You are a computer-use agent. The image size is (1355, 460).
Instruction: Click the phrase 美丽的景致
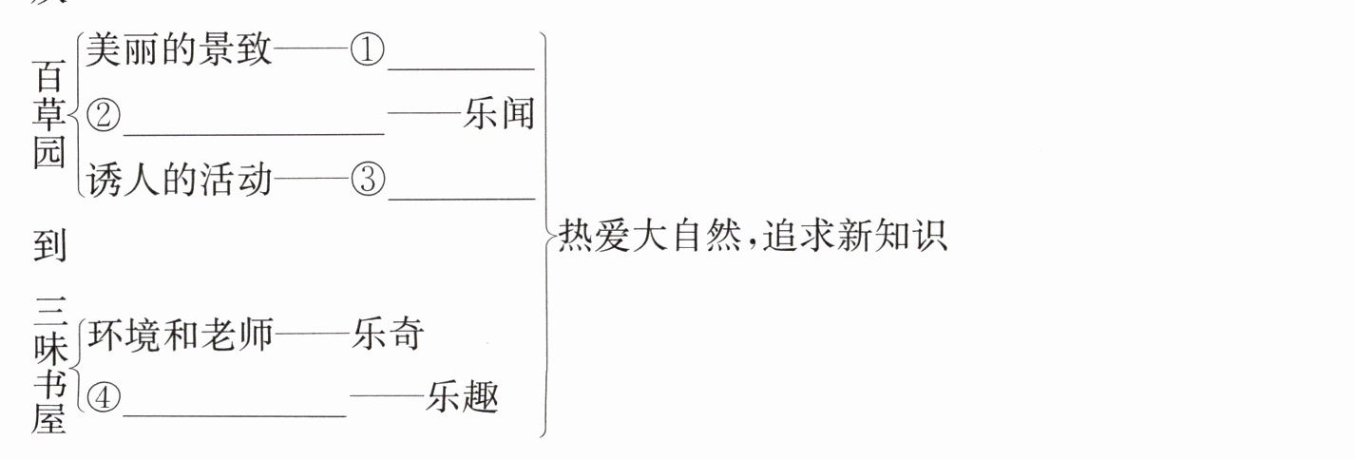(x=179, y=49)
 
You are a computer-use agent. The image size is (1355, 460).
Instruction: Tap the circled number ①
(x=367, y=49)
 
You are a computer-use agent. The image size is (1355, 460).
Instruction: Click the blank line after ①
(x=462, y=67)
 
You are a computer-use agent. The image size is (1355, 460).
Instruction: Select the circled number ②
(x=104, y=116)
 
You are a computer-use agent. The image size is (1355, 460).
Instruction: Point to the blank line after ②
(x=254, y=132)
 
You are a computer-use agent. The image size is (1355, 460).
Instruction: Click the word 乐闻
(x=500, y=115)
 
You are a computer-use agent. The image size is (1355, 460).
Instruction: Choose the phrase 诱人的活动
(x=179, y=179)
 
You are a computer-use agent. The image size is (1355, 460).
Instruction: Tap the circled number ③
(x=367, y=180)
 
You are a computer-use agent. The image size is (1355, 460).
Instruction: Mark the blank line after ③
(x=462, y=197)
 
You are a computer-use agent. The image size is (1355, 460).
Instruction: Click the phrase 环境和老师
(x=180, y=335)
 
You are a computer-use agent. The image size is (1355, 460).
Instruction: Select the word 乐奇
(x=387, y=335)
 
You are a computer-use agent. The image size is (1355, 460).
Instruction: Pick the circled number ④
(x=104, y=398)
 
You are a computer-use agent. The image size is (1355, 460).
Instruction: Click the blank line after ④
(x=235, y=414)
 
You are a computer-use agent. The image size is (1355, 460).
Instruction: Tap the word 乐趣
(x=463, y=397)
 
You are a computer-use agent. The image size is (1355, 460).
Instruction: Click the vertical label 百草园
(x=49, y=115)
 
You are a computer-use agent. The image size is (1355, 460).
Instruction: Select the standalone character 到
(x=49, y=244)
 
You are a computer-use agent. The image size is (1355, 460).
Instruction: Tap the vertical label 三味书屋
(x=49, y=366)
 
